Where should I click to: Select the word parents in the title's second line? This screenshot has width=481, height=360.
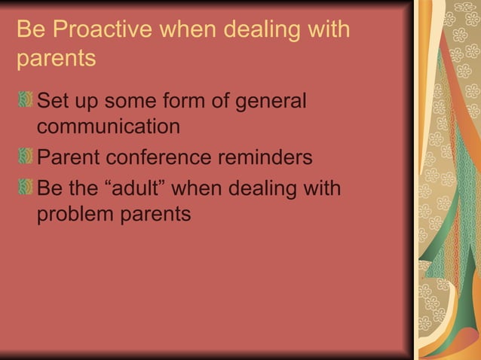(x=56, y=58)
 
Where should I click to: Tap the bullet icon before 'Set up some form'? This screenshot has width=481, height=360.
(x=26, y=99)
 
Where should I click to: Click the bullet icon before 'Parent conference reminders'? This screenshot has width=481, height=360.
(x=26, y=159)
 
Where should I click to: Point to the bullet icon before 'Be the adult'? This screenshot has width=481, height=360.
(x=26, y=187)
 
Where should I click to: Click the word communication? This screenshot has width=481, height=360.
(x=109, y=127)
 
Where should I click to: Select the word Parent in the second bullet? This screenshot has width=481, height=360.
(x=69, y=158)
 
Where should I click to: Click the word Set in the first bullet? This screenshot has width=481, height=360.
(x=53, y=99)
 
